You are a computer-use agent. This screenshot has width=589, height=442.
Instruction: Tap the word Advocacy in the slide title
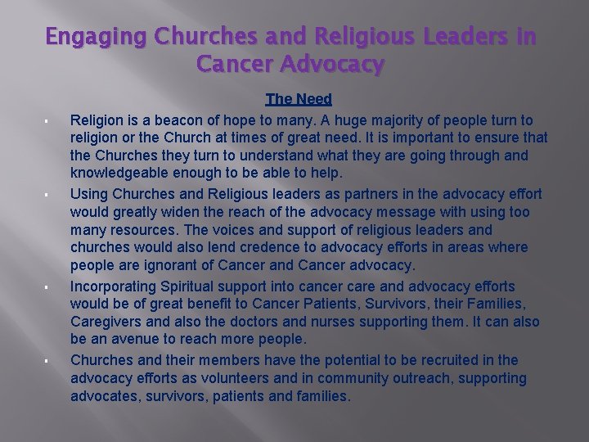[x=331, y=65]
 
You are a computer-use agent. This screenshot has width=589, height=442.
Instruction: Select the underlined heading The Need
[x=299, y=99]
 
